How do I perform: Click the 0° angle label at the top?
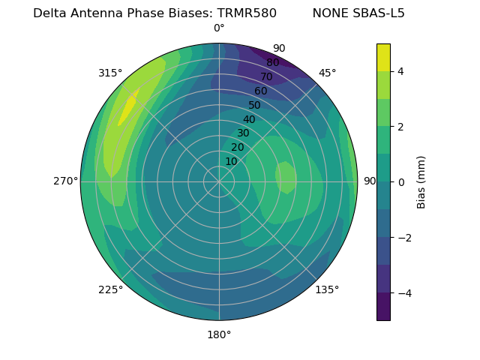219,28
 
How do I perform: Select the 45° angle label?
327,73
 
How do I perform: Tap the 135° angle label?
327,289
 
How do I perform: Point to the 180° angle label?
219,334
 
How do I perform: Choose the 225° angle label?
110,289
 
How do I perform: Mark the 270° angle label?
66,181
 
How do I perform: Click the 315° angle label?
110,73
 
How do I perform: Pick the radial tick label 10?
231,161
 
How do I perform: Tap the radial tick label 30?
243,133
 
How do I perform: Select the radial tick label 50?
254,106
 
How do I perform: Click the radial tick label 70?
266,77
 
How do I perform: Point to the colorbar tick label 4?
401,71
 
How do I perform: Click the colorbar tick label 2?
401,127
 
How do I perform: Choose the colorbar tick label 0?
401,182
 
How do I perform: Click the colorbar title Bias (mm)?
421,182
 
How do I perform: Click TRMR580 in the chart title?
247,13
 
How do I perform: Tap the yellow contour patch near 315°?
128,107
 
